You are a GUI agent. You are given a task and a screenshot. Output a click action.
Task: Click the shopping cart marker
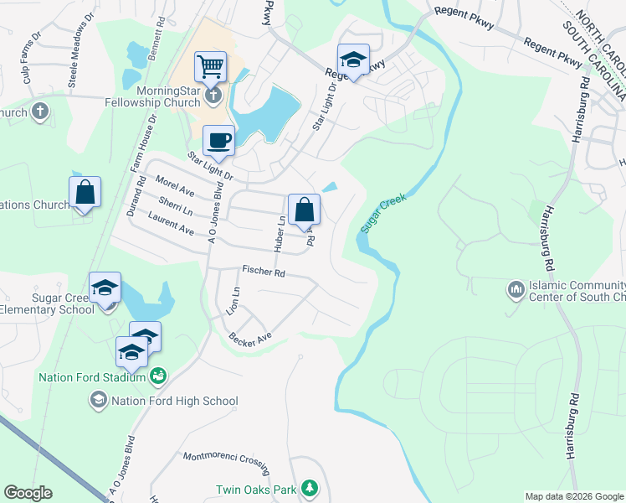211,65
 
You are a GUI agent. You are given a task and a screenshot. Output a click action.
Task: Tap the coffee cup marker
219,140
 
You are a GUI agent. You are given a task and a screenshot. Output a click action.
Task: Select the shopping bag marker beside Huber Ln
305,209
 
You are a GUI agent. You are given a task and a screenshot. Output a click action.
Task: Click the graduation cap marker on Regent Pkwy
353,60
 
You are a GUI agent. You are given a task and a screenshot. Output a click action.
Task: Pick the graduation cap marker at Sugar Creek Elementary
105,287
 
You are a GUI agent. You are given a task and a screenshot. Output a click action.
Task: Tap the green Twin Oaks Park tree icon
310,487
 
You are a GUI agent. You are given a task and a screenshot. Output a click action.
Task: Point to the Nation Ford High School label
174,402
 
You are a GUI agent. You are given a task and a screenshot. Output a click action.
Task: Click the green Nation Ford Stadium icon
157,377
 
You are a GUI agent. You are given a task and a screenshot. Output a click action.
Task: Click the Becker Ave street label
251,338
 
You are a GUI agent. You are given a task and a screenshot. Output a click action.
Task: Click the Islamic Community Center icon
516,290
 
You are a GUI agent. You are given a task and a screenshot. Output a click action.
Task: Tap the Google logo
28,492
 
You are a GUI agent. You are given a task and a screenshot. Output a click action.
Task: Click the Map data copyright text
574,496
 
